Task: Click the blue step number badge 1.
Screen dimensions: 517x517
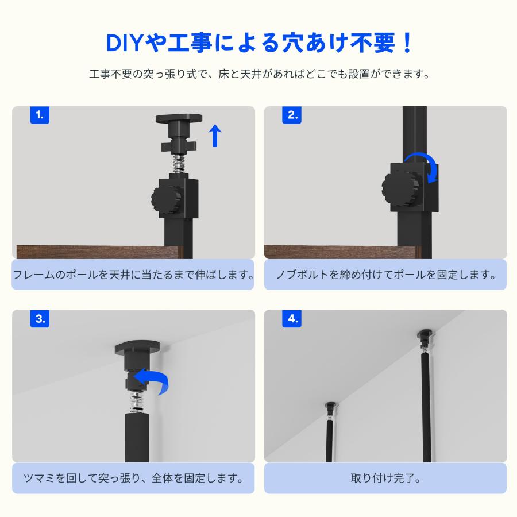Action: point(40,115)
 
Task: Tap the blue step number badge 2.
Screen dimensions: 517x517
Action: point(292,115)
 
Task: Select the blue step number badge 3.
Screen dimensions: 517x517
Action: point(40,319)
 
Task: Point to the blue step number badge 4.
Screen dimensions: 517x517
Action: point(292,319)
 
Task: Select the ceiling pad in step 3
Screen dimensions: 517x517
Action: point(137,348)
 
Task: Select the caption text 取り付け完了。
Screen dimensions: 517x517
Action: point(385,479)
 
